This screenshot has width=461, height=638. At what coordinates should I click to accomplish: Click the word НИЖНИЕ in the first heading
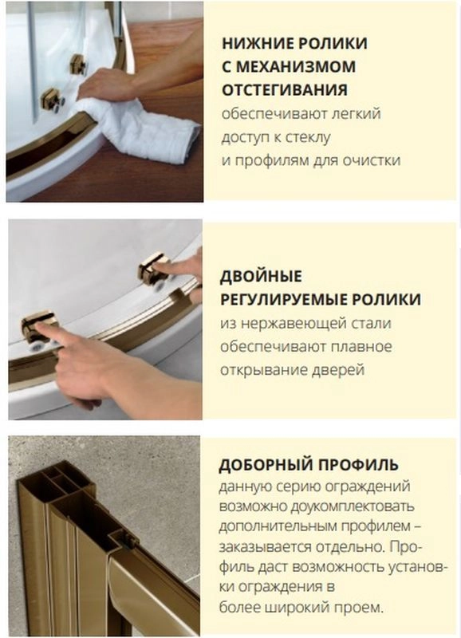coord(257,43)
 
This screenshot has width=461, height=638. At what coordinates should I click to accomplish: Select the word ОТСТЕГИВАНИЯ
coord(285,89)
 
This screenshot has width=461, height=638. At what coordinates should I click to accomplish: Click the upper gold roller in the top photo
coord(78,65)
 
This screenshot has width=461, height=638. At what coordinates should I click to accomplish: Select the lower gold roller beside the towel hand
coord(50,99)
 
